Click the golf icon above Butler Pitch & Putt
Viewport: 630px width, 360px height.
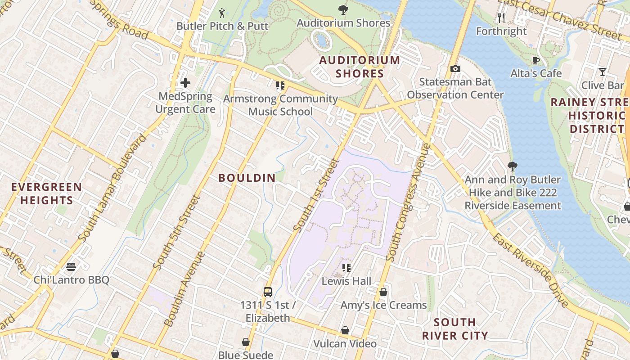(x=222, y=13)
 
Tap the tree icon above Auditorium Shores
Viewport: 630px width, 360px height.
(x=343, y=9)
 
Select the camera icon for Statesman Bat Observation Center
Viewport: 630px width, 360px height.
(x=455, y=68)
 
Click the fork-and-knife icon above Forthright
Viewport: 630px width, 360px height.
(x=501, y=18)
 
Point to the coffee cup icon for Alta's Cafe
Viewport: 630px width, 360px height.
(x=536, y=60)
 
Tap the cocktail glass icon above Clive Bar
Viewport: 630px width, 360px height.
(x=602, y=72)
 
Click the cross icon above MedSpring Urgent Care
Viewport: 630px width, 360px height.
(x=185, y=83)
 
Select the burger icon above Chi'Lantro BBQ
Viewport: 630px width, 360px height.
(x=71, y=267)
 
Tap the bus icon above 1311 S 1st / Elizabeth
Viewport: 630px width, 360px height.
(x=268, y=292)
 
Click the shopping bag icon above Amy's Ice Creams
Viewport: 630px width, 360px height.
(x=383, y=292)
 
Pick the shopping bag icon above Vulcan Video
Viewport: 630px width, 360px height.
(x=345, y=331)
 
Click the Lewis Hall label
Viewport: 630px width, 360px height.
(x=346, y=281)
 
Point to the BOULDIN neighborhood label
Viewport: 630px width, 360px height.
(x=247, y=178)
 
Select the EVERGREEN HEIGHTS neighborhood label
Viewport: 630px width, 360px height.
(x=47, y=193)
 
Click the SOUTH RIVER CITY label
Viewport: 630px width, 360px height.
(x=455, y=329)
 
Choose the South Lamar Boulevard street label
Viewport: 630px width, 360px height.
(x=112, y=187)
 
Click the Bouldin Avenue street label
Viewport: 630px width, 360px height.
(x=184, y=289)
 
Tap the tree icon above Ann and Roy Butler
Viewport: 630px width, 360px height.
(x=512, y=166)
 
